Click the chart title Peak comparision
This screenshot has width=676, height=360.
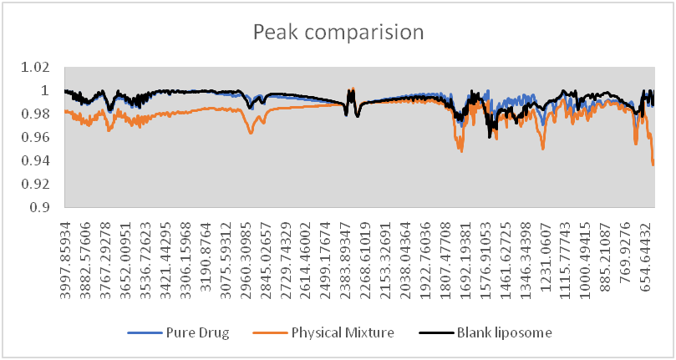point(338,33)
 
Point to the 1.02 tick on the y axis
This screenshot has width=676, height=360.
point(39,67)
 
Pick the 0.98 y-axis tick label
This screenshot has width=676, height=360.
point(39,114)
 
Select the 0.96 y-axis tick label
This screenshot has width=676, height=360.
point(39,137)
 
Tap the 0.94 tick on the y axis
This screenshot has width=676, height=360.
point(39,160)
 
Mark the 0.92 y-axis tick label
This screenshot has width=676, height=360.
point(39,184)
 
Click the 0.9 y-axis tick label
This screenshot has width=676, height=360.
point(43,207)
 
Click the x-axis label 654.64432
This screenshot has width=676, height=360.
point(651,255)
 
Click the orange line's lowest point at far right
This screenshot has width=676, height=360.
point(653,165)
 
